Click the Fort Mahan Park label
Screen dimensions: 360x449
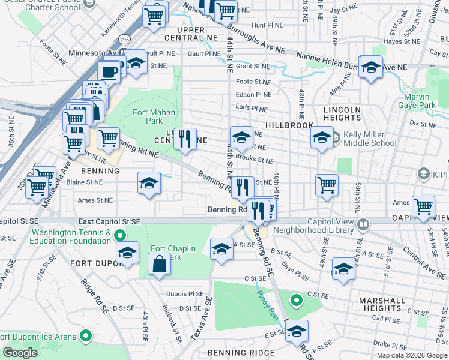point(154,116)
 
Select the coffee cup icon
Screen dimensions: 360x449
point(109,72)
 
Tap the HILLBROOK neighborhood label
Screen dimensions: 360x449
point(292,125)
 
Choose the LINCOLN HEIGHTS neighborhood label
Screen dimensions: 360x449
point(342,114)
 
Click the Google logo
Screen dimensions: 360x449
point(20,353)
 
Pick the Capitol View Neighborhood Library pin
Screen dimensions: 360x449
point(363,225)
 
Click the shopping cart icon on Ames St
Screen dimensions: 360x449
point(423,207)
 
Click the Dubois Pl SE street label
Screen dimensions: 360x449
point(187,294)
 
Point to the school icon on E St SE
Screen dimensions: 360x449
point(297,331)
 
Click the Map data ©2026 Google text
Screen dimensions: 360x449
point(411,355)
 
